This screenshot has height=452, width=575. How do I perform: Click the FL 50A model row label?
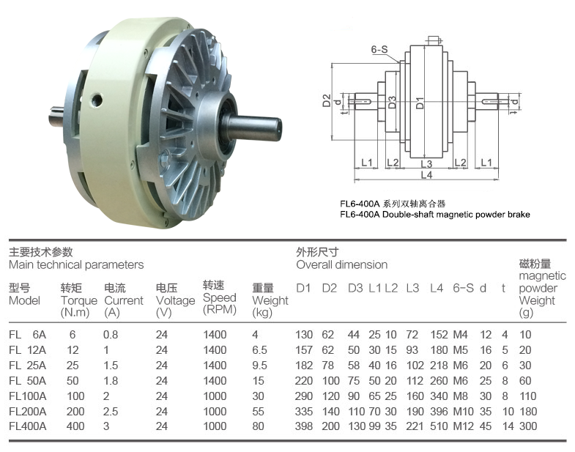click(28, 381)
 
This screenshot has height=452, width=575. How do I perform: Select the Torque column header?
click(79, 300)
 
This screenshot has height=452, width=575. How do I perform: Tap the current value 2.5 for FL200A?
click(111, 412)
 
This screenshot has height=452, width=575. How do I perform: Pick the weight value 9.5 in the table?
click(259, 366)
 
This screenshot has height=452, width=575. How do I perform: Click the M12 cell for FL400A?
click(463, 426)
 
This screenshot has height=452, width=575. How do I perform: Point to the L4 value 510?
click(439, 426)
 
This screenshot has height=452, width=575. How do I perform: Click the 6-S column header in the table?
click(463, 289)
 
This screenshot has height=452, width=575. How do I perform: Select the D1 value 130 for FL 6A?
click(304, 335)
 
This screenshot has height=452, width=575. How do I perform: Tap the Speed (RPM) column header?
click(220, 297)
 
